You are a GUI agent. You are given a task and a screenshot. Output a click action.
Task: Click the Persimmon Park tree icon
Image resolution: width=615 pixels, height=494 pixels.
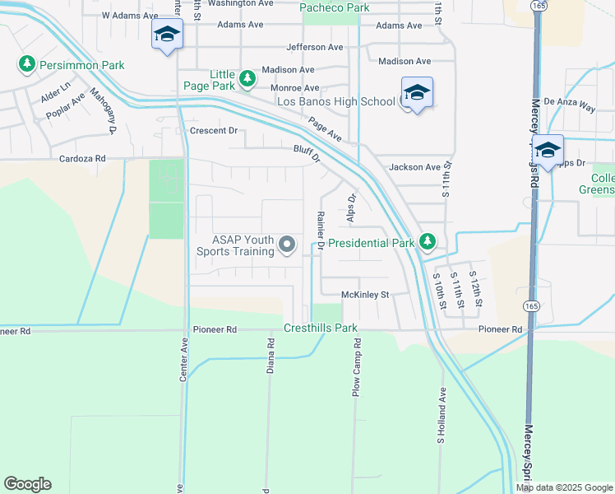point(27,63)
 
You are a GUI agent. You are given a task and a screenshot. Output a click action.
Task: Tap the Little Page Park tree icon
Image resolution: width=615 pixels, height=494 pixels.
point(247,79)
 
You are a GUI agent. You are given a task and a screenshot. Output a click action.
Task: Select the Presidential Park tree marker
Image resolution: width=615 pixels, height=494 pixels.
point(427,242)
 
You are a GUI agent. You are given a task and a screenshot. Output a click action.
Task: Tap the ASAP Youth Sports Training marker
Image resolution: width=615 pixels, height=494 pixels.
point(287,244)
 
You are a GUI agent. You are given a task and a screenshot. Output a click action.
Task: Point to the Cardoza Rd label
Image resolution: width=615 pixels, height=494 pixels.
point(82,158)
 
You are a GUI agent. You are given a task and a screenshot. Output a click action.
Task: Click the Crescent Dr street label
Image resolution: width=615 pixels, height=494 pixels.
point(213,130)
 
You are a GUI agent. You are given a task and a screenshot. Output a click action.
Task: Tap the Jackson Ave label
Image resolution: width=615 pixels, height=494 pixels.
point(415,167)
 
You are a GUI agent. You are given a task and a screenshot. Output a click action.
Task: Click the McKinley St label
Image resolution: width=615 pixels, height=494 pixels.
point(364,294)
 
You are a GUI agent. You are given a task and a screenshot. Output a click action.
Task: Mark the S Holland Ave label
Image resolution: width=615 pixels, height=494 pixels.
point(442,416)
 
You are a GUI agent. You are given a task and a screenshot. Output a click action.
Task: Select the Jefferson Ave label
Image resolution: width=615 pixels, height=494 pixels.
point(315,47)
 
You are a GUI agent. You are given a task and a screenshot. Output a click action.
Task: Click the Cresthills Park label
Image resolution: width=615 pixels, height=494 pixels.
point(321,328)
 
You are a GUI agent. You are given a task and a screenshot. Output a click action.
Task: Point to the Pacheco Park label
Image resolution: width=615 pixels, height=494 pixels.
point(335,8)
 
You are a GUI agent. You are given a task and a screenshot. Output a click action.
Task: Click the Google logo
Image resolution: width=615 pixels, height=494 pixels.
point(27,484)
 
